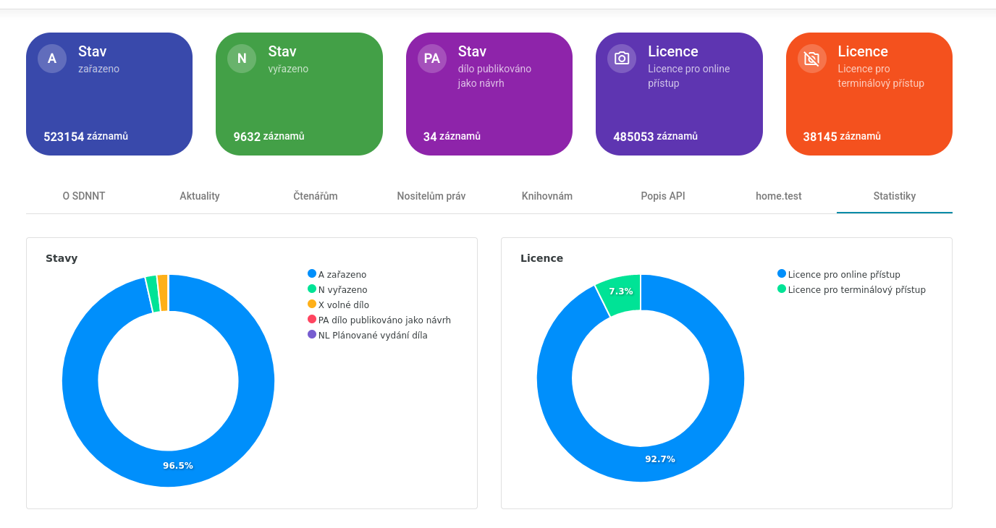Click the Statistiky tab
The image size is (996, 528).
pyautogui.click(x=894, y=196)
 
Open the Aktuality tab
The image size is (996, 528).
pyautogui.click(x=200, y=196)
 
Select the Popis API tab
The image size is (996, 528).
pyautogui.click(x=662, y=196)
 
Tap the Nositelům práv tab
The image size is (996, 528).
pyautogui.click(x=431, y=196)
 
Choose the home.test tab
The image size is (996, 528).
pyautogui.click(x=778, y=196)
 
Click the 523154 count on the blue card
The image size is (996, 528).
pyautogui.click(x=64, y=137)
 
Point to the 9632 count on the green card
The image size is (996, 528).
pyautogui.click(x=247, y=137)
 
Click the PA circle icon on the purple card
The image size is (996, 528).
pyautogui.click(x=432, y=59)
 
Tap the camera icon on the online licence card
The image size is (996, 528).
pyautogui.click(x=622, y=59)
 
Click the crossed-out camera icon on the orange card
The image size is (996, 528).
pyautogui.click(x=811, y=59)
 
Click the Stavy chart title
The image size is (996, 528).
pyautogui.click(x=62, y=258)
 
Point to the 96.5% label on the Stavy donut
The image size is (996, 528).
pyautogui.click(x=178, y=466)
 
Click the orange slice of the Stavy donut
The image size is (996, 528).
pyautogui.click(x=163, y=293)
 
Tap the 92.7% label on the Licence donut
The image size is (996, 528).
pyautogui.click(x=660, y=459)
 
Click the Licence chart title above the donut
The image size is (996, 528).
pyautogui.click(x=541, y=258)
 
